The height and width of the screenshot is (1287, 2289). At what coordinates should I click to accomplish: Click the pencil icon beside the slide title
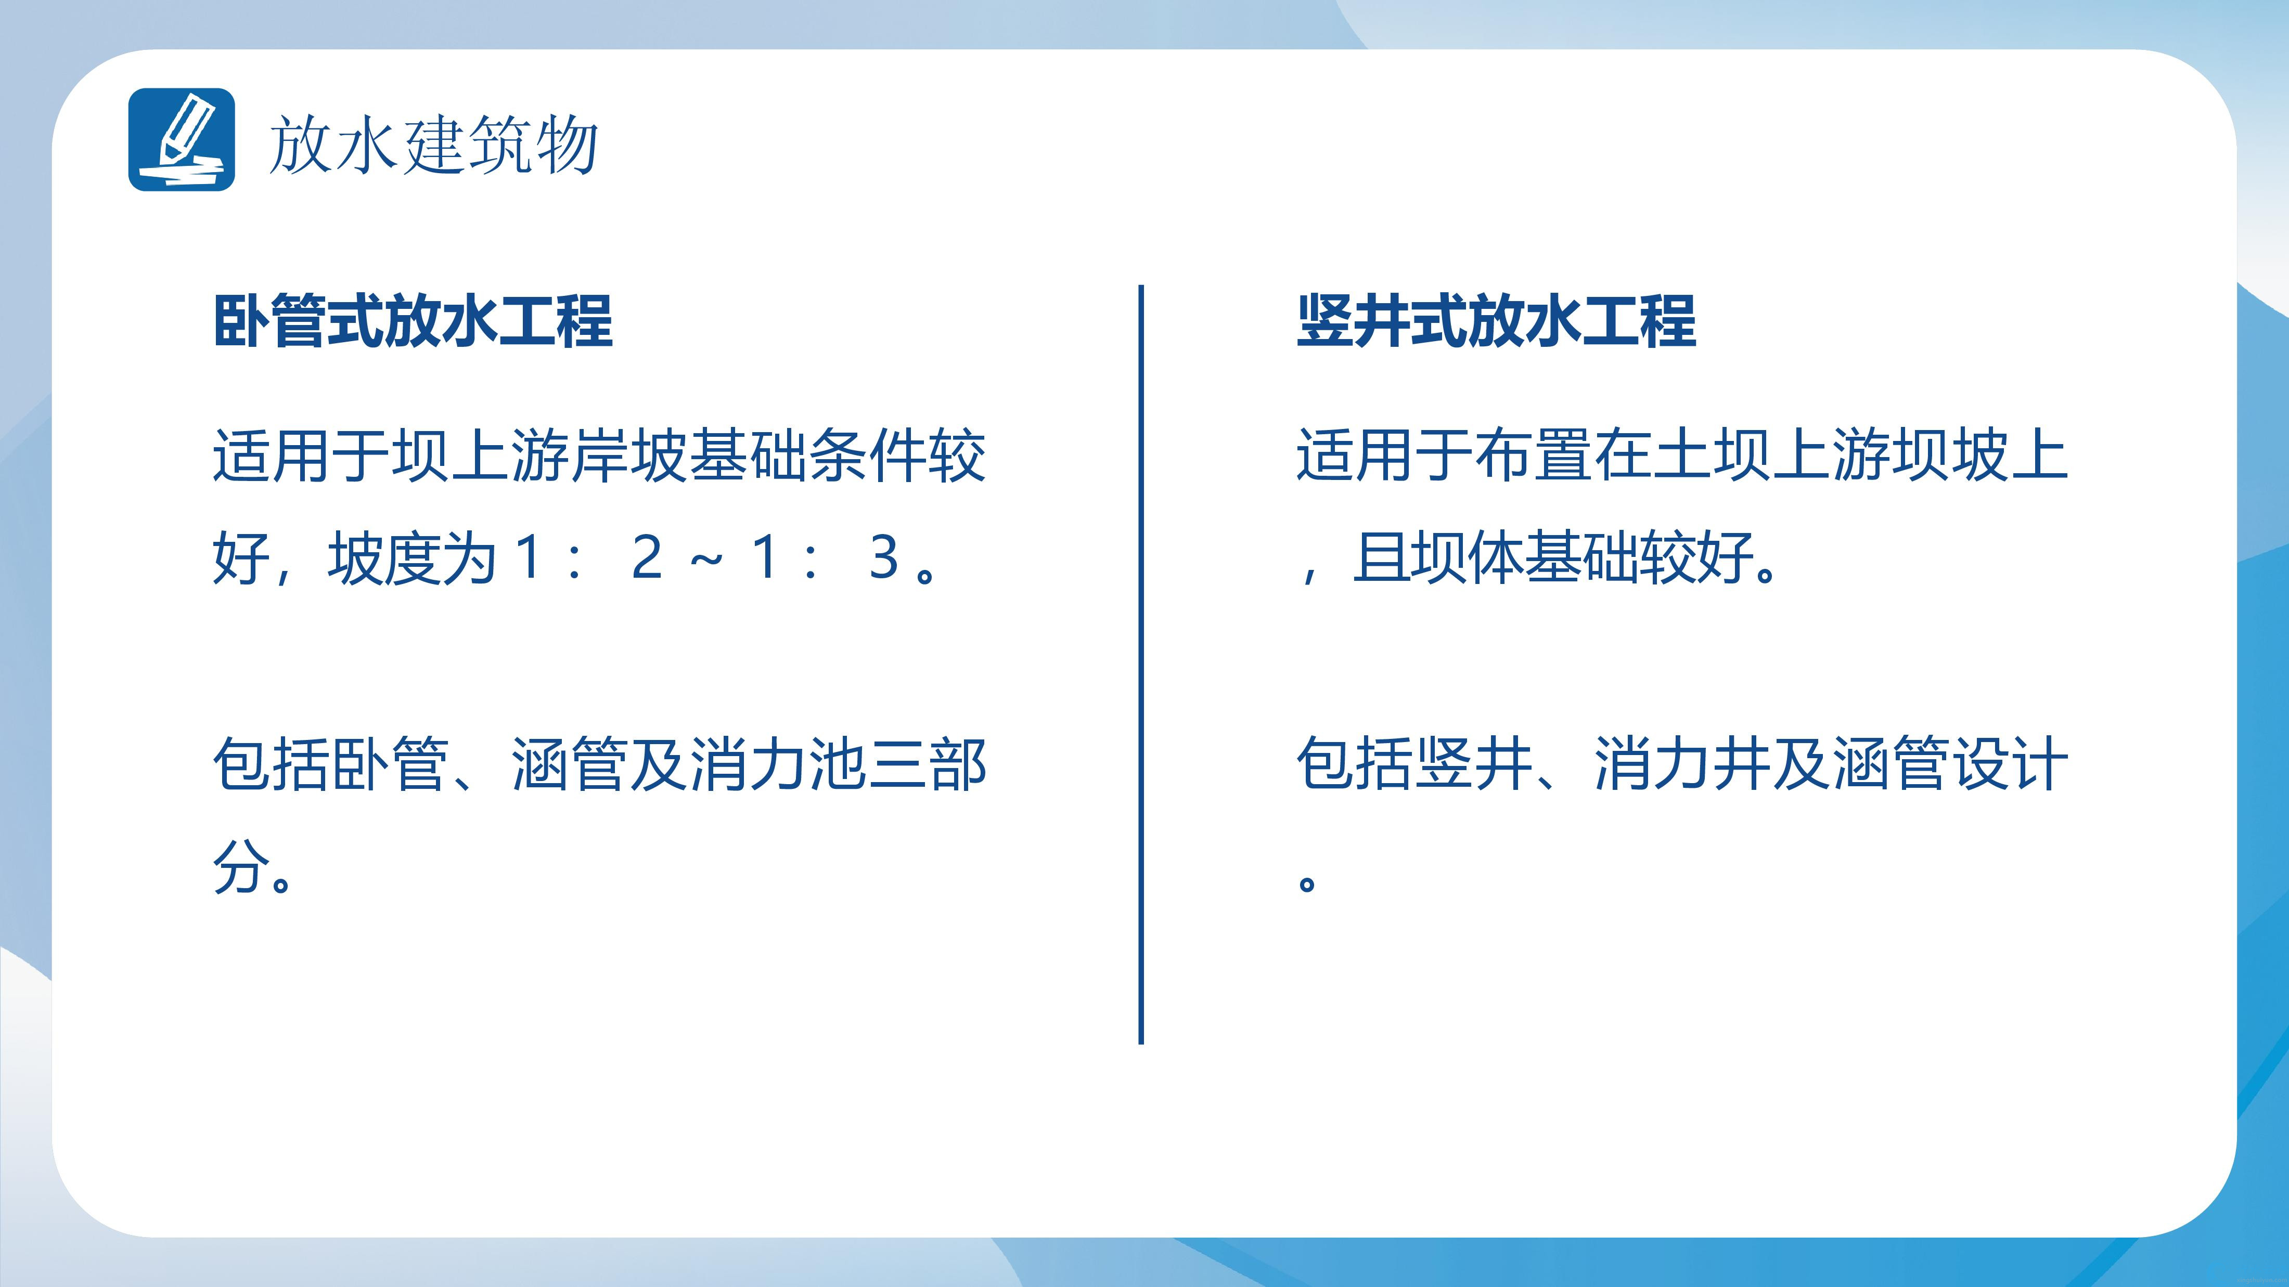click(x=181, y=139)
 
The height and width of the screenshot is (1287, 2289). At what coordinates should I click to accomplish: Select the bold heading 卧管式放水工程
click(x=413, y=321)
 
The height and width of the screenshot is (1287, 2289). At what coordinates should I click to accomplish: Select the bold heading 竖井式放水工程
click(x=1496, y=321)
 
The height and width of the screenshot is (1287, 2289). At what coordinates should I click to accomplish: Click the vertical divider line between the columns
click(x=1141, y=665)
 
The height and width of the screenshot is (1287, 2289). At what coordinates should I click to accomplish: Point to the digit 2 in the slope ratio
click(x=647, y=557)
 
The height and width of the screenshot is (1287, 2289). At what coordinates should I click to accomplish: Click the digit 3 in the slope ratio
click(x=884, y=557)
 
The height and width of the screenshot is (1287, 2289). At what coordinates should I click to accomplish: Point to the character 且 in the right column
click(x=1380, y=558)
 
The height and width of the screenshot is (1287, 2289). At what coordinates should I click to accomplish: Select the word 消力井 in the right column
click(x=1682, y=764)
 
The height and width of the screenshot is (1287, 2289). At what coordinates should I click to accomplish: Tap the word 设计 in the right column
click(x=2010, y=764)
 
